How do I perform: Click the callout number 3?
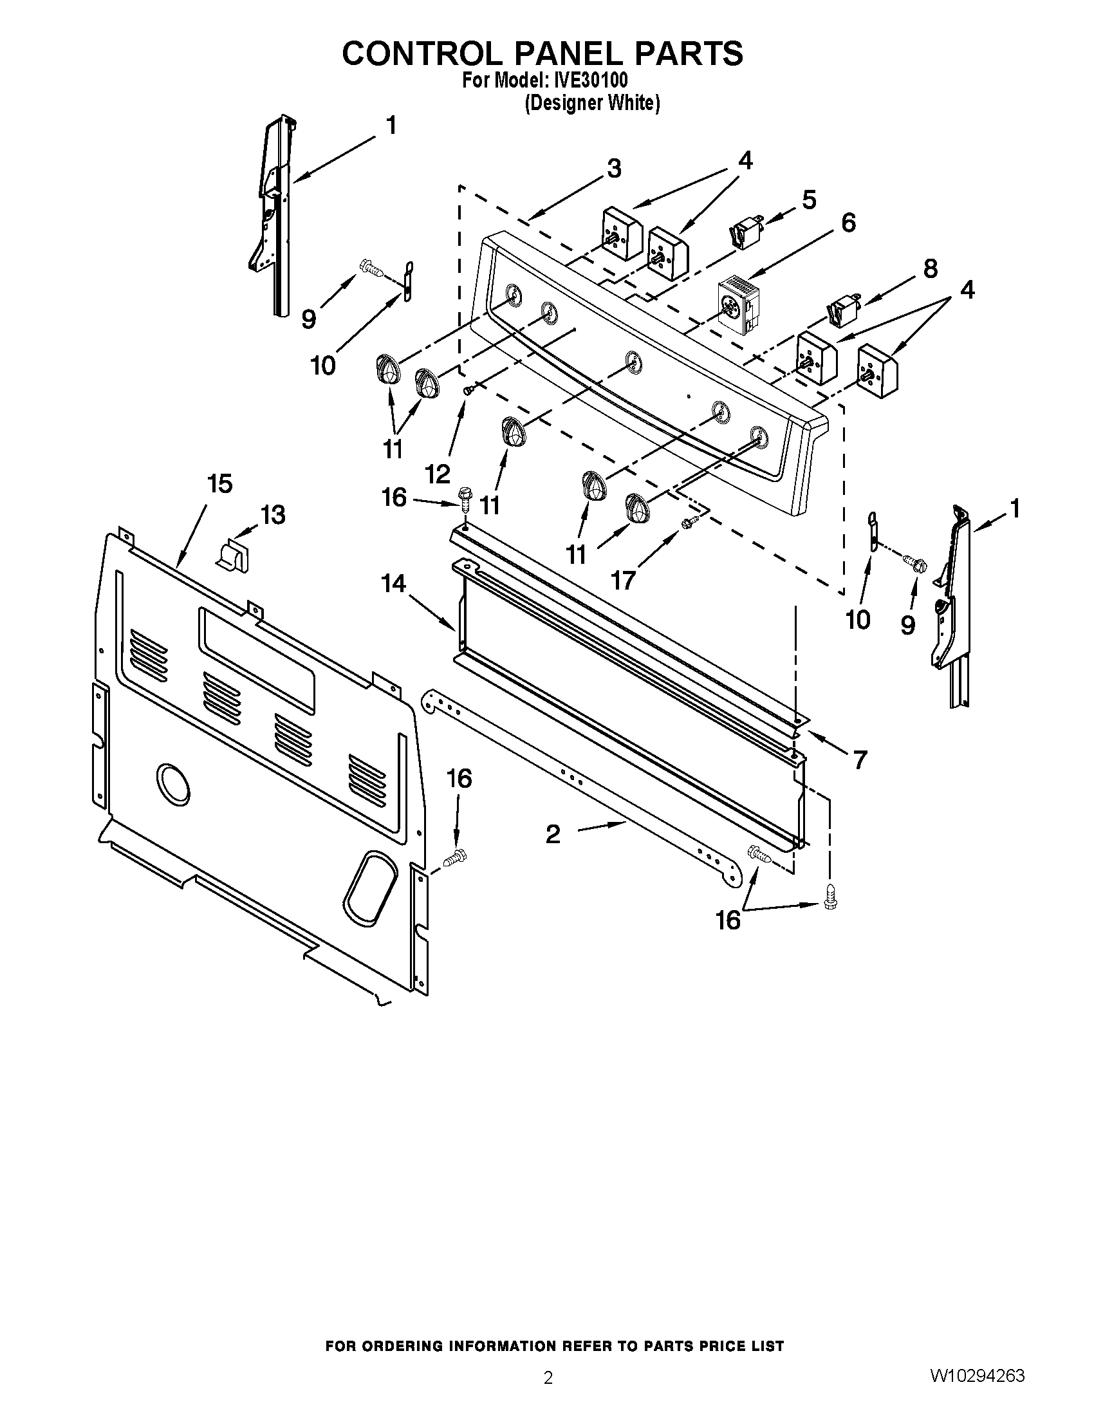(613, 169)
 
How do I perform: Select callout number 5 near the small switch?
(809, 200)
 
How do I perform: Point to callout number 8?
(930, 268)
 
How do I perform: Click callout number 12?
(438, 474)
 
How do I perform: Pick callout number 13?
(273, 516)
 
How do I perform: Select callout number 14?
(393, 584)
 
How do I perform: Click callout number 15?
(219, 483)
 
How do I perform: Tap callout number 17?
(623, 581)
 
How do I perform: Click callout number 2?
(552, 834)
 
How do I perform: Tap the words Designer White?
(591, 103)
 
